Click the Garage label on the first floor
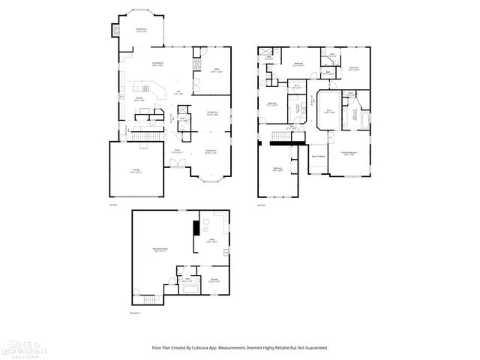(x=136, y=172)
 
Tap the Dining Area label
(x=212, y=114)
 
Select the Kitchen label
(x=139, y=99)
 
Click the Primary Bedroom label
(x=349, y=153)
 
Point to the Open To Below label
(x=318, y=156)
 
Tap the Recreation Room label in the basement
(x=160, y=250)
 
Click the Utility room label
(x=212, y=241)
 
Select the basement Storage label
(x=214, y=280)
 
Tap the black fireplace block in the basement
(x=196, y=227)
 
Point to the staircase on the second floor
(x=280, y=134)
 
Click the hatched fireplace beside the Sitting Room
(x=115, y=30)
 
